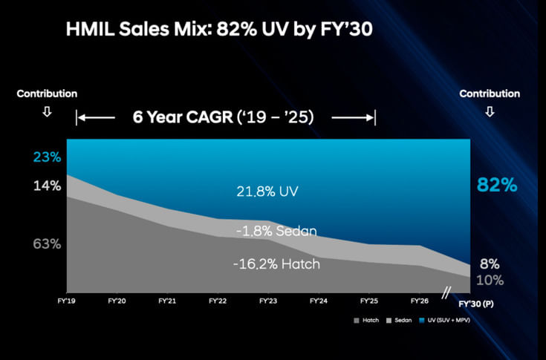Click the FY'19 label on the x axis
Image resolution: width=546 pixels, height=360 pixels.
(66, 301)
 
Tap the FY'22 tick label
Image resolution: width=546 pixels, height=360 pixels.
(218, 301)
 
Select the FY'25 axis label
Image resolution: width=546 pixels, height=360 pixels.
(369, 301)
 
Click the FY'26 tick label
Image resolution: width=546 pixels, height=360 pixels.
(419, 301)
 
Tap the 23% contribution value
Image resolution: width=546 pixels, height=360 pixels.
(46, 157)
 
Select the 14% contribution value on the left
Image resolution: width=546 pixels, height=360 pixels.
(46, 186)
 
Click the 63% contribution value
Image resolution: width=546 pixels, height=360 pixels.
(46, 243)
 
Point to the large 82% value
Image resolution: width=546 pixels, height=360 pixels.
(497, 186)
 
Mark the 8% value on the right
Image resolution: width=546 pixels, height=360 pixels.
(490, 264)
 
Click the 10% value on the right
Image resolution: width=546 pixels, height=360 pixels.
(490, 280)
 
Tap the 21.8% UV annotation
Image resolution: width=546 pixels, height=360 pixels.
(267, 192)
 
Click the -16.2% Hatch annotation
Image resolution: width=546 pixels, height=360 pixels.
(276, 264)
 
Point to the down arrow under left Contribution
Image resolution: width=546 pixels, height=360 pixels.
(47, 113)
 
